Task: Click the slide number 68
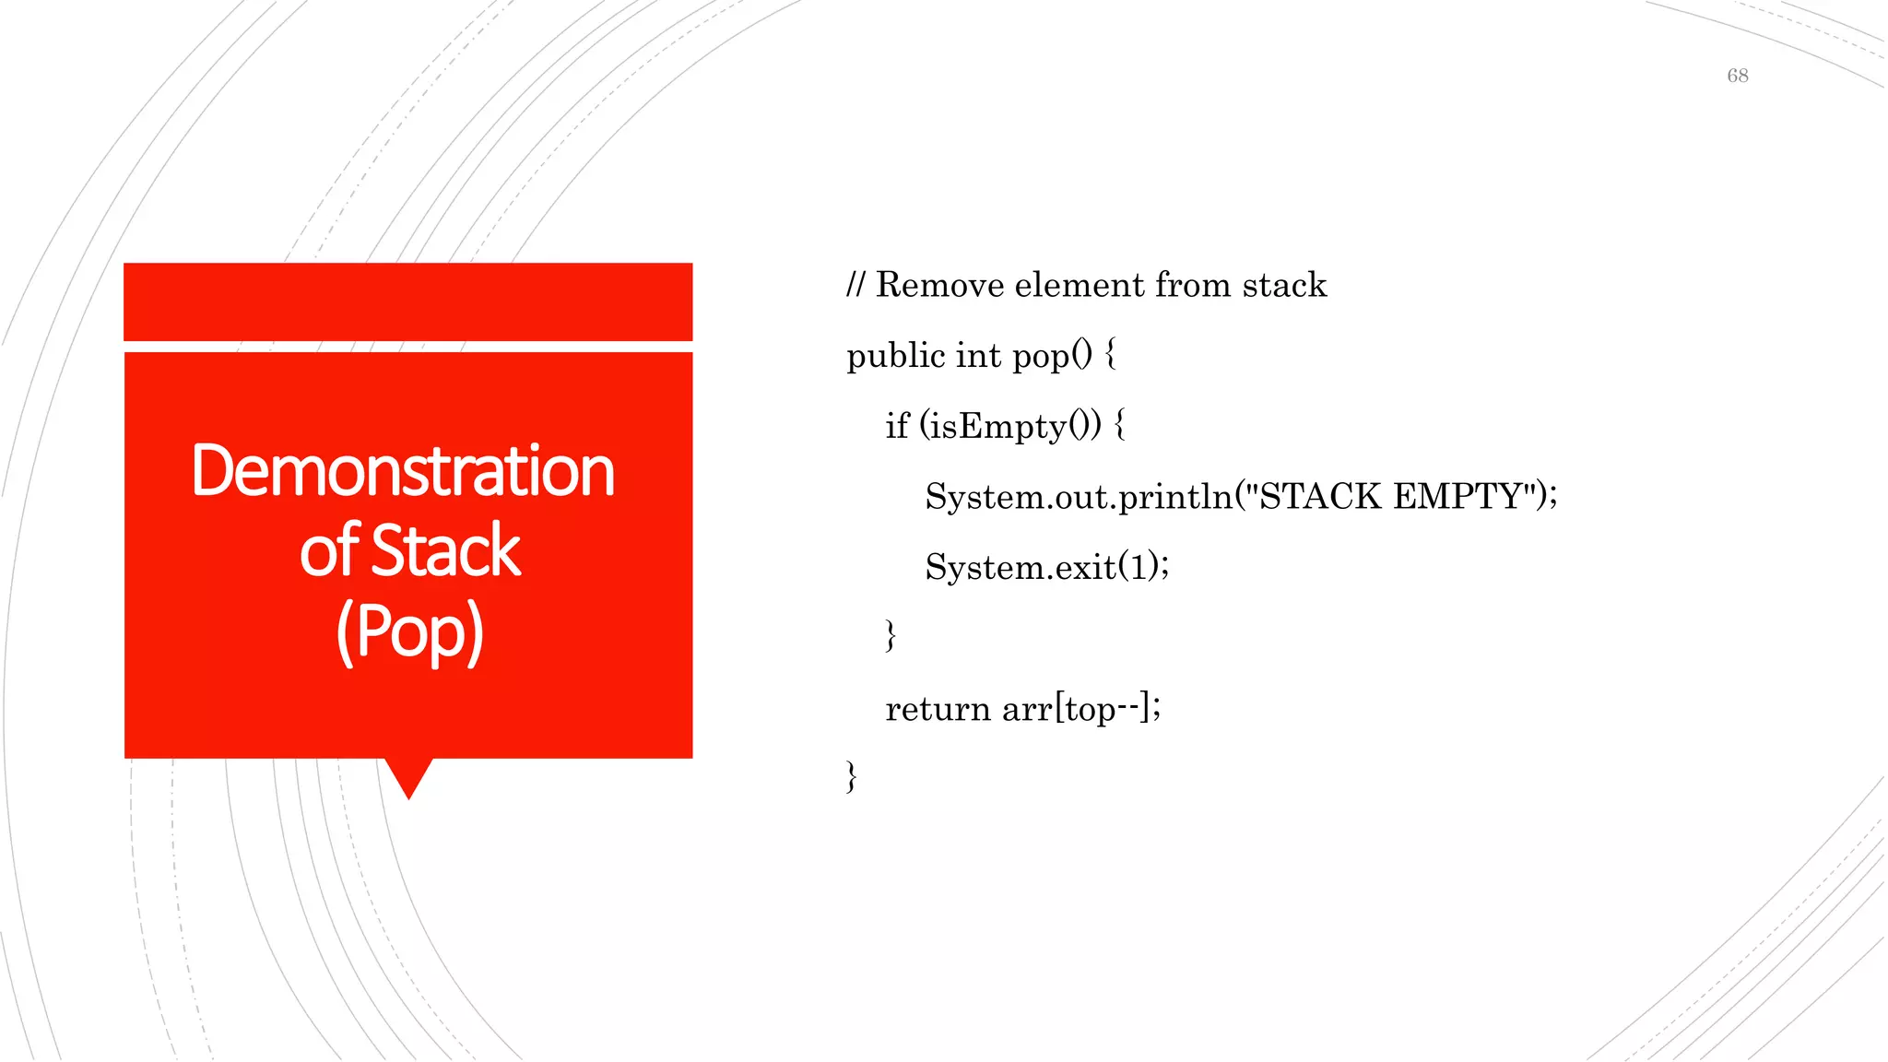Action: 1737,76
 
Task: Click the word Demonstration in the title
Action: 403,472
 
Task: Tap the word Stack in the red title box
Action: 446,551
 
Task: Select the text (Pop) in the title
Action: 409,632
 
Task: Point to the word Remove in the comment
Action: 939,285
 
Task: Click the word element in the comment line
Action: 1079,285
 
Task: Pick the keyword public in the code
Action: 896,356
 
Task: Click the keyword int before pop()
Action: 978,356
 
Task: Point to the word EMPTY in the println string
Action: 1457,497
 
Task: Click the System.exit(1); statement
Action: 1046,567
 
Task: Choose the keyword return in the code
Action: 937,709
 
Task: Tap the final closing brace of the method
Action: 851,777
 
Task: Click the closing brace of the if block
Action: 890,636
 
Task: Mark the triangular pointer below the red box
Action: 408,777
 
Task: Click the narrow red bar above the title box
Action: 407,301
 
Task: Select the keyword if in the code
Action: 896,427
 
